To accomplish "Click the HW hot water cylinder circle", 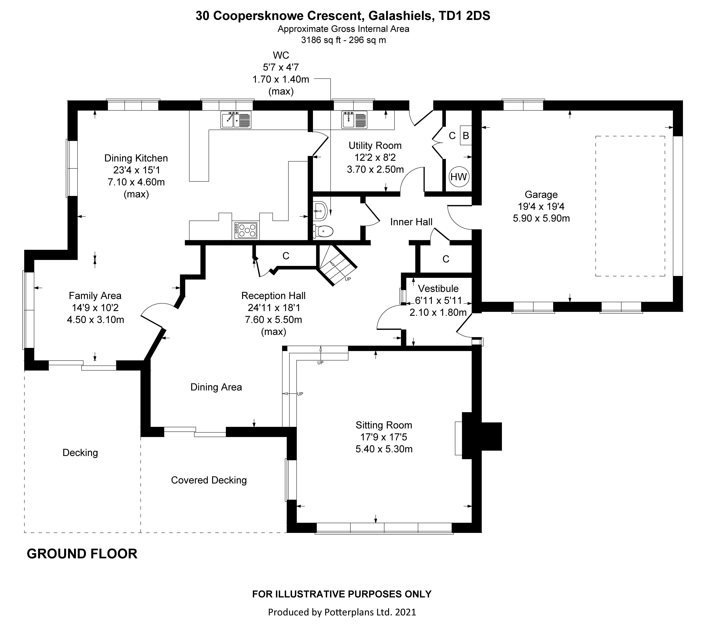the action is click(459, 177).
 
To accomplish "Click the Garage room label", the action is click(541, 194).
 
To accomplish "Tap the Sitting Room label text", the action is click(384, 425).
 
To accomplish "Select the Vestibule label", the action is click(438, 288).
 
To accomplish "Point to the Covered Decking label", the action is click(209, 480).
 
